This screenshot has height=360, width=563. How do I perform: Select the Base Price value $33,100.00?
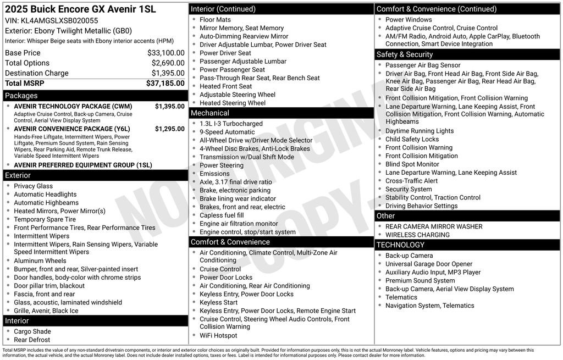(x=165, y=53)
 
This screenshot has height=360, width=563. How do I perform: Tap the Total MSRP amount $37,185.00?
(x=165, y=83)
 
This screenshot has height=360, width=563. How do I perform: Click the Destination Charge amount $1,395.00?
(x=168, y=73)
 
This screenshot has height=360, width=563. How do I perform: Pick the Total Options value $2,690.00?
(x=168, y=63)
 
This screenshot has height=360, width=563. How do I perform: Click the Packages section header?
(x=21, y=96)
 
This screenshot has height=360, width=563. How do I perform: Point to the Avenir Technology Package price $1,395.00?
(x=169, y=106)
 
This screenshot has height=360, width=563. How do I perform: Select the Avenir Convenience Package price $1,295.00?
(x=169, y=129)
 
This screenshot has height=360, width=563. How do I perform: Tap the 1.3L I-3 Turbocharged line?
(x=231, y=124)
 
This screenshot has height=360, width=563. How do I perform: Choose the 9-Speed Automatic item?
(x=227, y=132)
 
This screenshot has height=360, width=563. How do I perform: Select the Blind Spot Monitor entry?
(x=412, y=164)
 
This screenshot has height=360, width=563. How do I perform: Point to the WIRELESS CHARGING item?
(x=417, y=235)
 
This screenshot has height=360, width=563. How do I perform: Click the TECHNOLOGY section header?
(x=400, y=245)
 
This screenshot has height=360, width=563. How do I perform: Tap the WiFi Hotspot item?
(x=218, y=335)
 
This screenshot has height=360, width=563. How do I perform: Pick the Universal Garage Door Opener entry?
(x=428, y=264)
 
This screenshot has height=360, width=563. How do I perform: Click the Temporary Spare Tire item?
(x=45, y=219)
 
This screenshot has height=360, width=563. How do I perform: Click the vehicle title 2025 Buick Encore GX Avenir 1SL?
(x=80, y=9)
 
